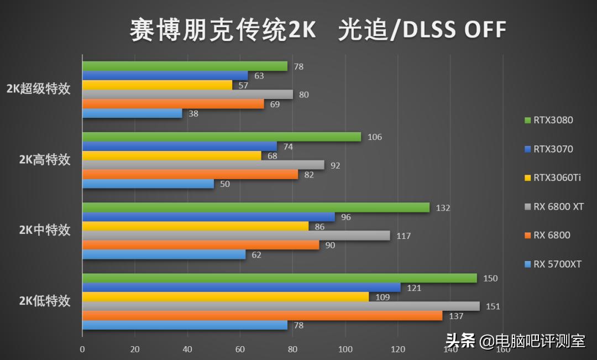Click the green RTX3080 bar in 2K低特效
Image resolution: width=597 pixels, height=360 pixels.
tap(279, 278)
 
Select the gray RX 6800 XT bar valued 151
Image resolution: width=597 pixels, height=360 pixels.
tap(281, 306)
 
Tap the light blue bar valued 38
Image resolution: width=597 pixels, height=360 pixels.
tap(132, 113)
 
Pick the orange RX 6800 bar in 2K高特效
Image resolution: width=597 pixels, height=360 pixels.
tap(190, 175)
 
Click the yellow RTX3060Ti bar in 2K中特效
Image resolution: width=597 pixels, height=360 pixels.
tap(195, 226)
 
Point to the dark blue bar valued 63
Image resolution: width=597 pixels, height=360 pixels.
tap(165, 76)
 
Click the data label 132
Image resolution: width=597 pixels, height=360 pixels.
tap(443, 208)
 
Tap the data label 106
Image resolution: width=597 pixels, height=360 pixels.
tap(375, 137)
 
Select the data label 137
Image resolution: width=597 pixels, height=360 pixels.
tap(456, 316)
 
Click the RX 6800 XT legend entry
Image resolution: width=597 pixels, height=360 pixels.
tap(558, 206)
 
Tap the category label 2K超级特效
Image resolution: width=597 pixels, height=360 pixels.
tap(39, 90)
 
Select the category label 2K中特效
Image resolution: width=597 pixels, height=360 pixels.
tap(45, 231)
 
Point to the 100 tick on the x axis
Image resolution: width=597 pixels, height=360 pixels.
tap(345, 349)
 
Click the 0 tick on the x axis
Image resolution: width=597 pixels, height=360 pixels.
tap(82, 349)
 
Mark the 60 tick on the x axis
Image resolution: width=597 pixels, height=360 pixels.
tap(240, 349)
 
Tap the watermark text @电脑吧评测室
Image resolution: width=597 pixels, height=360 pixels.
tap(532, 341)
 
